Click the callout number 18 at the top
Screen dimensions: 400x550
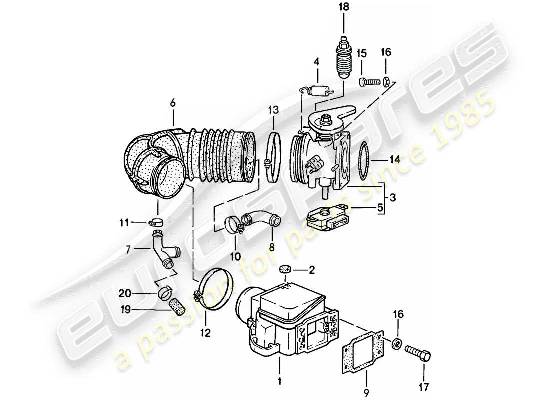click(x=344, y=7)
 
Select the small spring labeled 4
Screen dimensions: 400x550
click(x=316, y=91)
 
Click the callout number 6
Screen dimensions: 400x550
click(x=173, y=103)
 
